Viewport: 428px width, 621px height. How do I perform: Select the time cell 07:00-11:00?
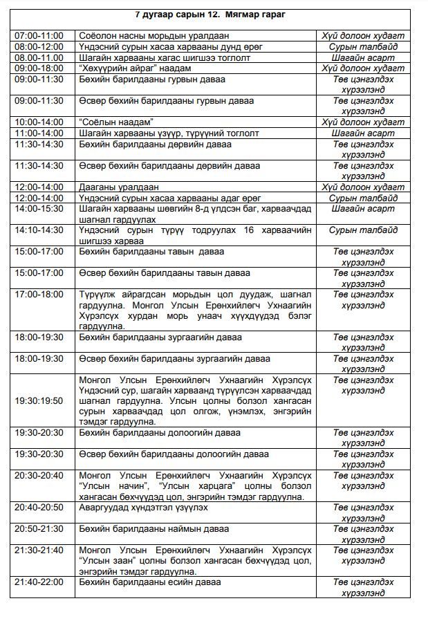39,35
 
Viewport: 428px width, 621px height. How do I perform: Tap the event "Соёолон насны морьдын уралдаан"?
154,35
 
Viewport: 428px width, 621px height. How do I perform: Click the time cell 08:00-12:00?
39,46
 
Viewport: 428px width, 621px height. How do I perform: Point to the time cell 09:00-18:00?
39,68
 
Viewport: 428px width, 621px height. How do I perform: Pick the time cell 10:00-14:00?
39,122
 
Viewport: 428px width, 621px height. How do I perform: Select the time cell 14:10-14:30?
39,230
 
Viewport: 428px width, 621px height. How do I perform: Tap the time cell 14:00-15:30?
39,209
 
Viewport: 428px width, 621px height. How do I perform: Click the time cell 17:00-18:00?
39,295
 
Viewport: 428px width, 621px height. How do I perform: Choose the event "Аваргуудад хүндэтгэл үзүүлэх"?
143,508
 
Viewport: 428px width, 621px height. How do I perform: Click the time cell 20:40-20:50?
39,508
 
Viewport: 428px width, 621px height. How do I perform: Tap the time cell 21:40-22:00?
39,582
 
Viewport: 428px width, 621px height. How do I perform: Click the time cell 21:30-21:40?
39,550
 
